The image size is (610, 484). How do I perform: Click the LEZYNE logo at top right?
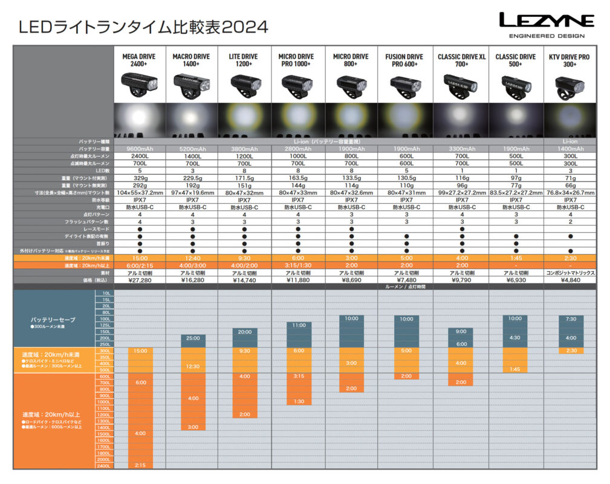[546, 21]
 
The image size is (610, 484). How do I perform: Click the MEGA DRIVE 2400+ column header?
[138, 60]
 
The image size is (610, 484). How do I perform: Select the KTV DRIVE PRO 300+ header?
[569, 60]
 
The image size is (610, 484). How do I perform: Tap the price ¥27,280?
[138, 280]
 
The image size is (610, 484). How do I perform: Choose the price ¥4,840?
[569, 280]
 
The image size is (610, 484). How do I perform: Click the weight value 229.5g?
[192, 178]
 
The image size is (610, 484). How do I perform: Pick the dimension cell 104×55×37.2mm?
[138, 192]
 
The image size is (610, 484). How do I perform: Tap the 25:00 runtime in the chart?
[192, 338]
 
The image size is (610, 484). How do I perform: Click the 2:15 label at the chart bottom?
[140, 465]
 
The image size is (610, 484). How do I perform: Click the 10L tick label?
[106, 293]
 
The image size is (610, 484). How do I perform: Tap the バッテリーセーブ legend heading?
[54, 318]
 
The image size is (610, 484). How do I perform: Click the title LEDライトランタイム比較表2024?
[143, 27]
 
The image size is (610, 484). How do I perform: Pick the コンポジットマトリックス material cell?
[569, 273]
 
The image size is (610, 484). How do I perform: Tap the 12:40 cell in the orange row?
[192, 258]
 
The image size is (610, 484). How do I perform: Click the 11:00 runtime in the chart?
[299, 325]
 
